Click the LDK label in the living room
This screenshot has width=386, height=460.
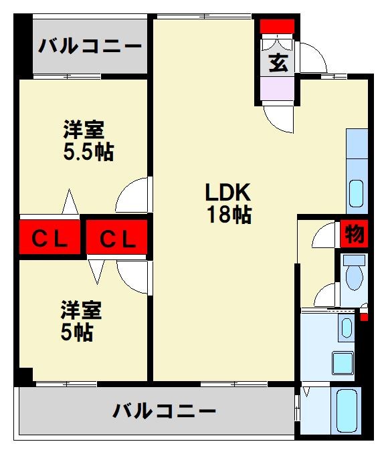point(227,193)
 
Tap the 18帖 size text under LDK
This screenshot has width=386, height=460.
point(227,215)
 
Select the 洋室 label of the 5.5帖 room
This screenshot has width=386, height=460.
point(84,129)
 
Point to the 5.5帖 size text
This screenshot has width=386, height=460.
point(88,152)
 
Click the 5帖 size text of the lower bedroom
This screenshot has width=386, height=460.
point(76,332)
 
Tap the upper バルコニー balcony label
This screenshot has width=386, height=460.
point(90,47)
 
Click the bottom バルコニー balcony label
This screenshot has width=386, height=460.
point(164,410)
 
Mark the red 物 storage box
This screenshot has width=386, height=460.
point(353,234)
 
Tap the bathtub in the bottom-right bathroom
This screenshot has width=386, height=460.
point(348,409)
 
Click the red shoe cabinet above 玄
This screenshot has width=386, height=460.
point(277,26)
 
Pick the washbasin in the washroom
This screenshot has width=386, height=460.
point(345,328)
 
